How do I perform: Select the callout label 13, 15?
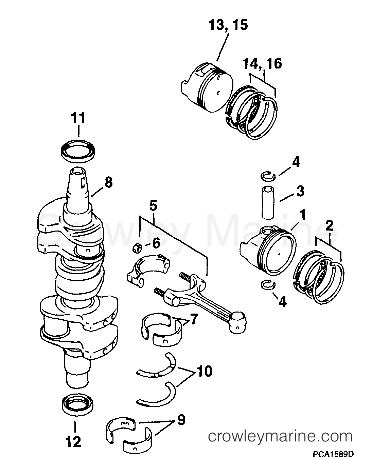tap(228, 25)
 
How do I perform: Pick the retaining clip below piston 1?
tap(268, 285)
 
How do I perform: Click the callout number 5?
tap(153, 206)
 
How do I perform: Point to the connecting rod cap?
tap(148, 270)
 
